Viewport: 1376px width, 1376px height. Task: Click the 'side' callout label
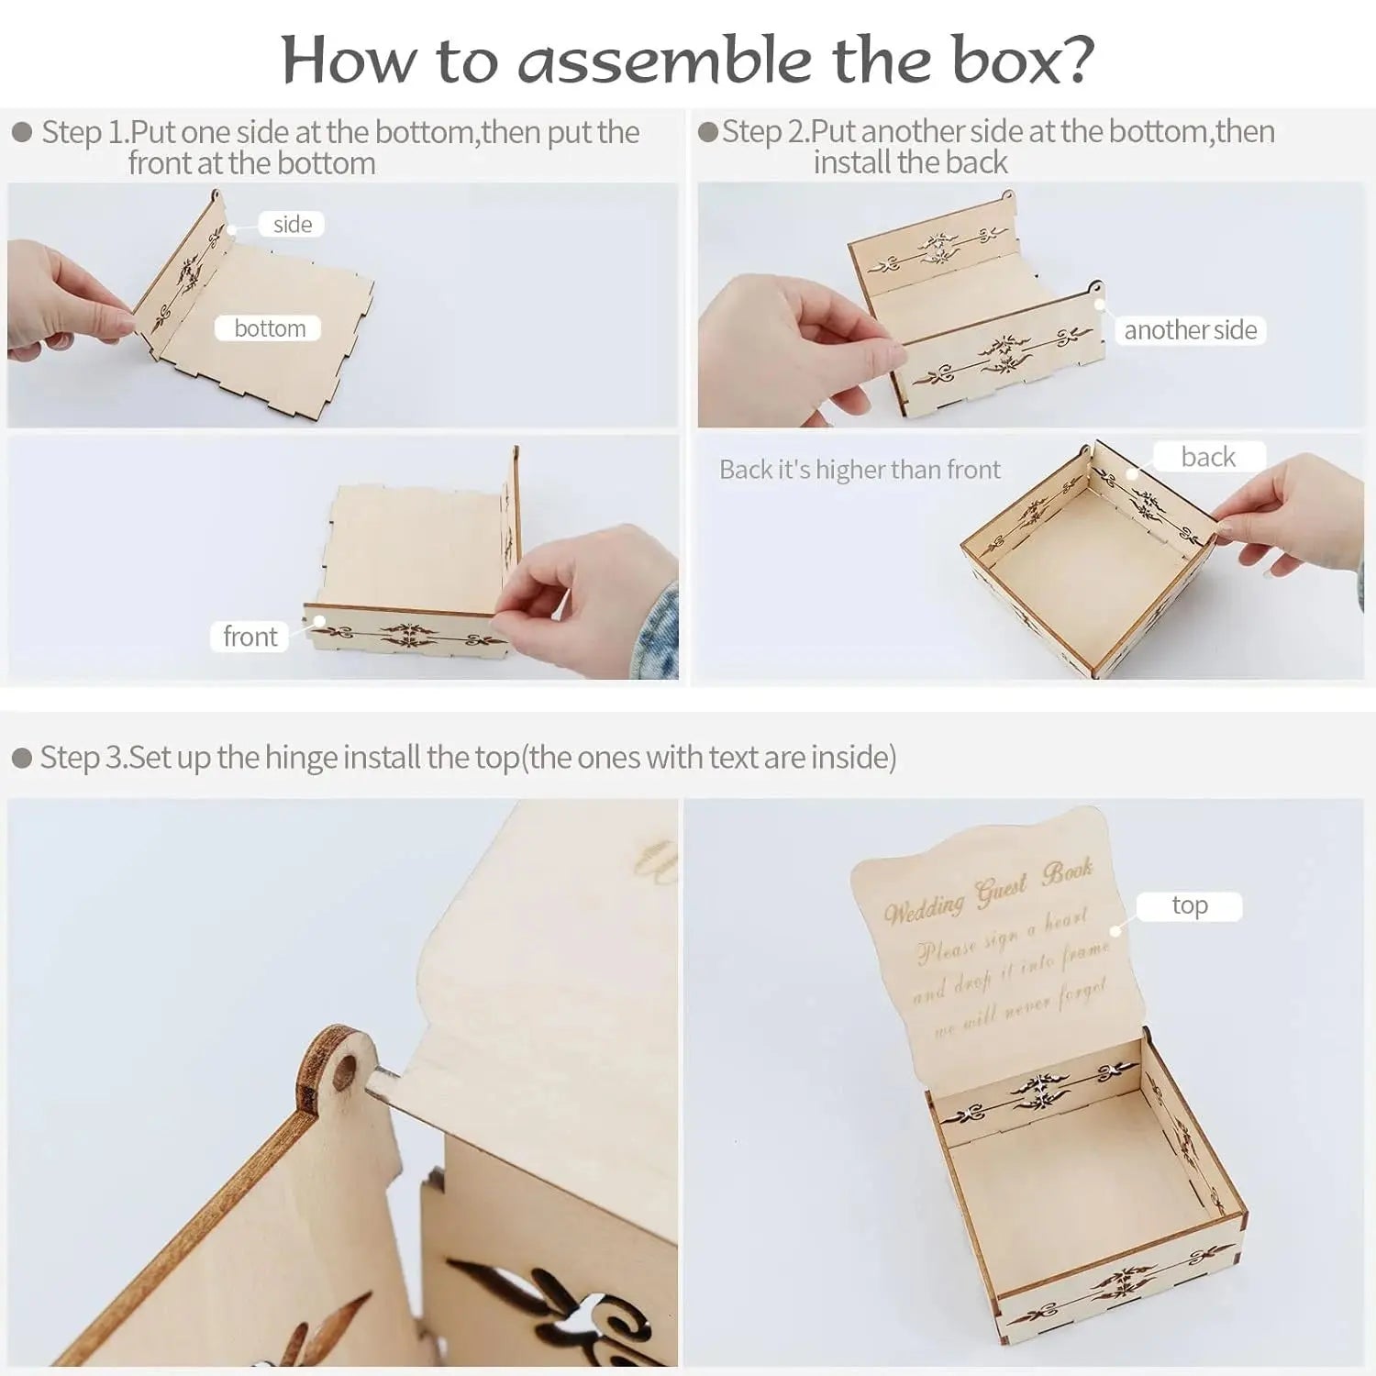coord(292,225)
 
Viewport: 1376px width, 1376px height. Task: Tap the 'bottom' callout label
coord(269,328)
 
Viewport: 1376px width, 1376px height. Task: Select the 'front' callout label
coord(250,637)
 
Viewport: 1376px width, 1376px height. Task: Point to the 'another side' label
coord(1190,330)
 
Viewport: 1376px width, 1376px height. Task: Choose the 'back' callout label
coord(1208,457)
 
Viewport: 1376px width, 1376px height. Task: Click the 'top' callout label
coord(1189,905)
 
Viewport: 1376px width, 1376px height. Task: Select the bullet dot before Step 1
coord(22,133)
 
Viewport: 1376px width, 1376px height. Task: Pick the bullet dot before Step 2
coord(707,132)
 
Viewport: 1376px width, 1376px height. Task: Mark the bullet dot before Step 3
coord(22,759)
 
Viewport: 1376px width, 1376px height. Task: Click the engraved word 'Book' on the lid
coord(1067,871)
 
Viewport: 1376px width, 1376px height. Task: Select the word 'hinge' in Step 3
coord(288,758)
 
